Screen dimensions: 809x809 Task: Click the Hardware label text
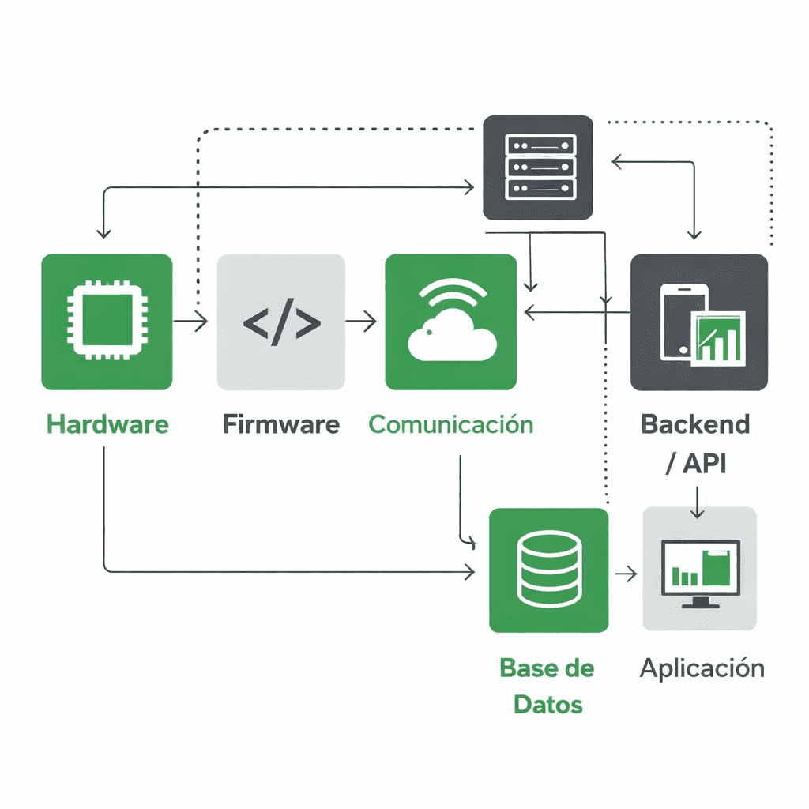[x=107, y=424]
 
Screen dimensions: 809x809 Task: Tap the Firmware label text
[x=280, y=424]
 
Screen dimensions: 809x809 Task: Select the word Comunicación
[x=450, y=424]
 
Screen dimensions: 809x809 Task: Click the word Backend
[x=695, y=424]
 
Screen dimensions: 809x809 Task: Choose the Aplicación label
[x=702, y=668]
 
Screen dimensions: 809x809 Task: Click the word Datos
[x=548, y=704]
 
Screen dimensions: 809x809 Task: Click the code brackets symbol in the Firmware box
[x=281, y=322]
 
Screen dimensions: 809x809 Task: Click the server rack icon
[x=537, y=167]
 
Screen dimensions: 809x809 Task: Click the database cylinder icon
[x=548, y=569]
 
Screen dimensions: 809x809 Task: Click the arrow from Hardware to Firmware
[x=190, y=322]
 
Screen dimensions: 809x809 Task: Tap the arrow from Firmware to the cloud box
[x=361, y=322]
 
